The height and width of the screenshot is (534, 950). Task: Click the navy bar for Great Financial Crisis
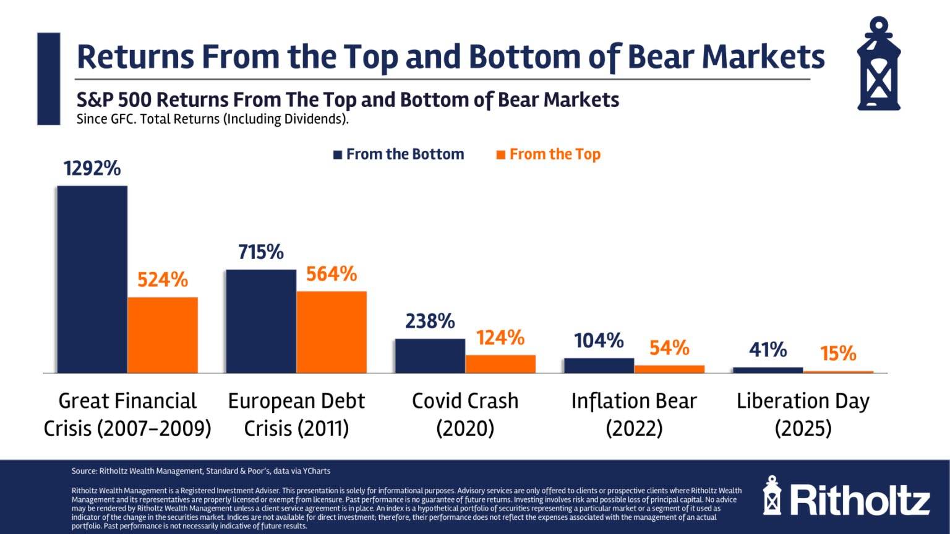(x=92, y=279)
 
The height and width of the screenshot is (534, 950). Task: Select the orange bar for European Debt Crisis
(x=332, y=332)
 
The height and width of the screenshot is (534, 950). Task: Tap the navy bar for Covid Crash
(x=430, y=355)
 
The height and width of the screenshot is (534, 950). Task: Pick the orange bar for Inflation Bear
(x=669, y=369)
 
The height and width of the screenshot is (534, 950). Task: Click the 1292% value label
(x=92, y=168)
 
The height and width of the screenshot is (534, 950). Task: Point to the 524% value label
(x=163, y=280)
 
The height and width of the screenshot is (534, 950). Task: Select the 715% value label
(x=261, y=252)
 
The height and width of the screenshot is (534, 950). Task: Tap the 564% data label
(x=332, y=274)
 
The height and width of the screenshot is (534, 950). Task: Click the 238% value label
(x=430, y=321)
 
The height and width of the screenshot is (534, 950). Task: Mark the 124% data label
(x=500, y=338)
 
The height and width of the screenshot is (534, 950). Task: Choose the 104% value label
(x=599, y=341)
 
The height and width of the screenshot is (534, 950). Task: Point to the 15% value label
(x=838, y=354)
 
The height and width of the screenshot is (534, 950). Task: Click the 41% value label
(x=768, y=350)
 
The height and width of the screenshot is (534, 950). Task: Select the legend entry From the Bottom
(x=399, y=155)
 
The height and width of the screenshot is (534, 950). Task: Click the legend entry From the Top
(x=549, y=155)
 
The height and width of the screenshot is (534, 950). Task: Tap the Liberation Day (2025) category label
(x=803, y=414)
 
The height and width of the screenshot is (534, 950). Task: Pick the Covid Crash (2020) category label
(x=465, y=414)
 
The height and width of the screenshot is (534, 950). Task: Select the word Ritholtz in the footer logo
(x=860, y=501)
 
